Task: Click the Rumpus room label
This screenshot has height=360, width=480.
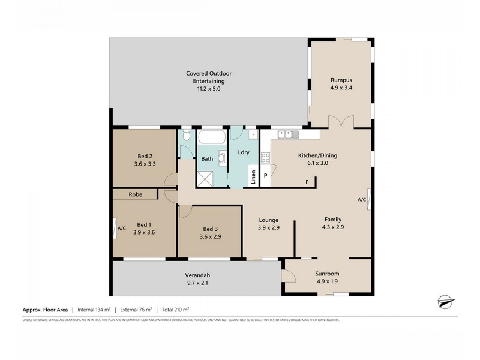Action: (341, 80)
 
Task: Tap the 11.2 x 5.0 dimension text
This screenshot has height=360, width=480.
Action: (208, 89)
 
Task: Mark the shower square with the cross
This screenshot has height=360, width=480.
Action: (206, 178)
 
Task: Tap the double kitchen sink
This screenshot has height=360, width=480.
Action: (288, 134)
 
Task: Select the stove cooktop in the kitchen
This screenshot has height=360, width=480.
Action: (265, 159)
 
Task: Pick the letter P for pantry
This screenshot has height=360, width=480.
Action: (265, 176)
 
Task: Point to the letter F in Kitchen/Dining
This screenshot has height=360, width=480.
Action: (307, 182)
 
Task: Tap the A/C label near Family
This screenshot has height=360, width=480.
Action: (361, 200)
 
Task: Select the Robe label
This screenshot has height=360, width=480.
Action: (135, 194)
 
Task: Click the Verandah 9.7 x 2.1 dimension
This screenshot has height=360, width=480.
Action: (197, 284)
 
